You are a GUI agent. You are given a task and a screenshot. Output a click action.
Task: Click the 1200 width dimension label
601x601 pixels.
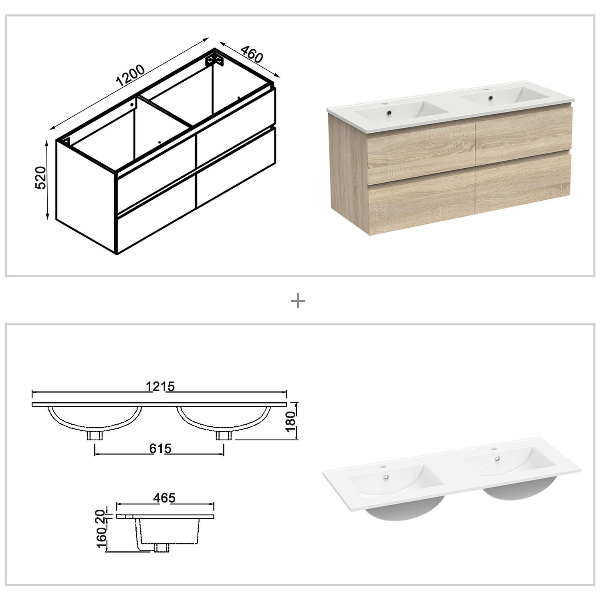point(130,76)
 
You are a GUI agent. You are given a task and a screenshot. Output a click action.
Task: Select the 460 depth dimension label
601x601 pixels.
point(252,54)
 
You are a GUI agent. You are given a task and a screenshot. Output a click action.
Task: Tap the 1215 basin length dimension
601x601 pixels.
point(160,387)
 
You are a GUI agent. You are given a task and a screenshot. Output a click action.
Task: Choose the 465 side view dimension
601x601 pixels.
point(165,498)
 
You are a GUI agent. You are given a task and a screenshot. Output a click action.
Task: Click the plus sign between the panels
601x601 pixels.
point(298,300)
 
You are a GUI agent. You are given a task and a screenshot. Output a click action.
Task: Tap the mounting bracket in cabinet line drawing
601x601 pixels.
point(215,60)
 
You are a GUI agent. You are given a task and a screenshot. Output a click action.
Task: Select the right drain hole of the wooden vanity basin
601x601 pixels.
point(489,97)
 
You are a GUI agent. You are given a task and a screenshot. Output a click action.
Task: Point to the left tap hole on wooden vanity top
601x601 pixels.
point(387,103)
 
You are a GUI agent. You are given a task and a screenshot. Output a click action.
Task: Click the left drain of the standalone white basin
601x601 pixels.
point(387,477)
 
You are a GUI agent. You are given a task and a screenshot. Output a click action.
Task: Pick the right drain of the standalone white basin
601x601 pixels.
point(497,460)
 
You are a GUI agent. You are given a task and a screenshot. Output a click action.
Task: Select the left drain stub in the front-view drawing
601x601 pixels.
point(95,435)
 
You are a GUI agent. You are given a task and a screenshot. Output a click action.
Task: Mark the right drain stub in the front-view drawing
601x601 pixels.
point(222,435)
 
